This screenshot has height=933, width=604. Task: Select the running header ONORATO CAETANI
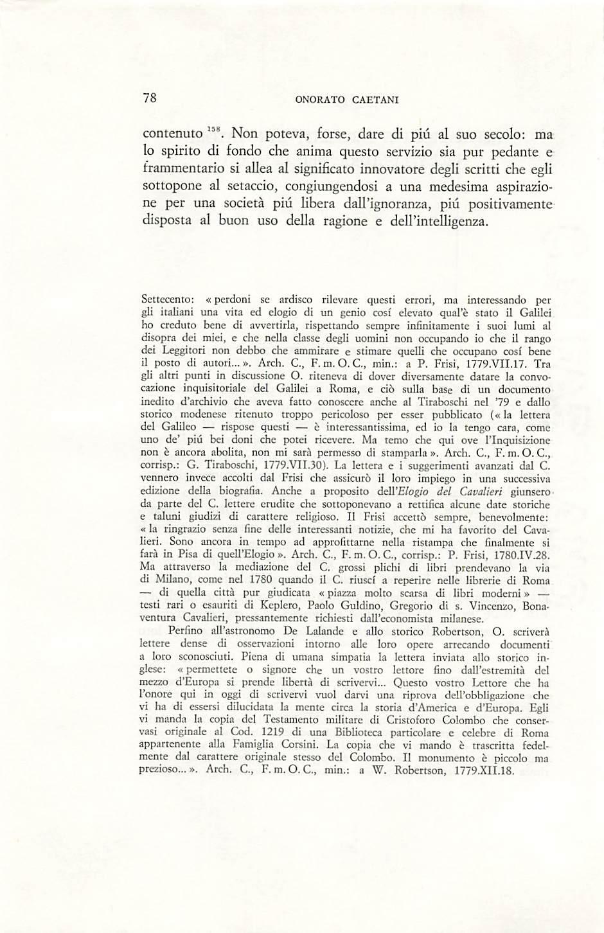[x=348, y=100]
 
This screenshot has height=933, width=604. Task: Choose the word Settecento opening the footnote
[x=166, y=299]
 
